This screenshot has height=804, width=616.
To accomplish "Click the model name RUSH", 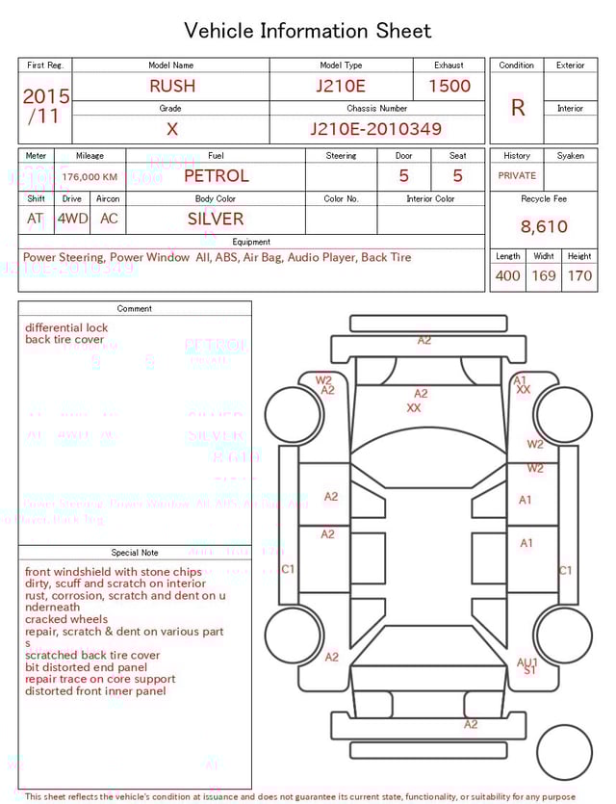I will pyautogui.click(x=171, y=86).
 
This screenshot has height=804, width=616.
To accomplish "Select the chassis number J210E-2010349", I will pyautogui.click(x=375, y=129).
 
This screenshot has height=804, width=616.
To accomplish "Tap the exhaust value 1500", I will pyautogui.click(x=449, y=86).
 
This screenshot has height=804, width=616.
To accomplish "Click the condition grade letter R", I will pyautogui.click(x=518, y=108).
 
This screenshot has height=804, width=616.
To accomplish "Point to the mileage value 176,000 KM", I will pyautogui.click(x=90, y=177).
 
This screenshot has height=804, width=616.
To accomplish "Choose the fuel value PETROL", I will pyautogui.click(x=216, y=176).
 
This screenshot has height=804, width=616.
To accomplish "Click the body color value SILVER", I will pyautogui.click(x=216, y=219).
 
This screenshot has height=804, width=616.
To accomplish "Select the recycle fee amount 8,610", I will pyautogui.click(x=544, y=227).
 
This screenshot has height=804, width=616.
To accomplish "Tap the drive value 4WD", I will pyautogui.click(x=72, y=219).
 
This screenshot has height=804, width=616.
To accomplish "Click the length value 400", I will pyautogui.click(x=507, y=276).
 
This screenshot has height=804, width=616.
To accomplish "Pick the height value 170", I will pyautogui.click(x=579, y=276).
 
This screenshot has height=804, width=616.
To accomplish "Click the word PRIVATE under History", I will pyautogui.click(x=517, y=176).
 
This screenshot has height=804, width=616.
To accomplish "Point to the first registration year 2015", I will pyautogui.click(x=45, y=97).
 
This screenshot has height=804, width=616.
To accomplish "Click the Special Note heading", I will pyautogui.click(x=134, y=553).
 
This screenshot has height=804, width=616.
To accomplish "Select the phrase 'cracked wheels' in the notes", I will pyautogui.click(x=66, y=620).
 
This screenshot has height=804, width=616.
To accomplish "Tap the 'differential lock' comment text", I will pyautogui.click(x=66, y=327).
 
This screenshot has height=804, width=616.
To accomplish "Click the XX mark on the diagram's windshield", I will pyautogui.click(x=414, y=408).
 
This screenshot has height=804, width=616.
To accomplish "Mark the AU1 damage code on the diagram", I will pyautogui.click(x=527, y=662).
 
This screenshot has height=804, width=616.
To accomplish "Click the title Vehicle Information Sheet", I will pyautogui.click(x=308, y=31).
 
